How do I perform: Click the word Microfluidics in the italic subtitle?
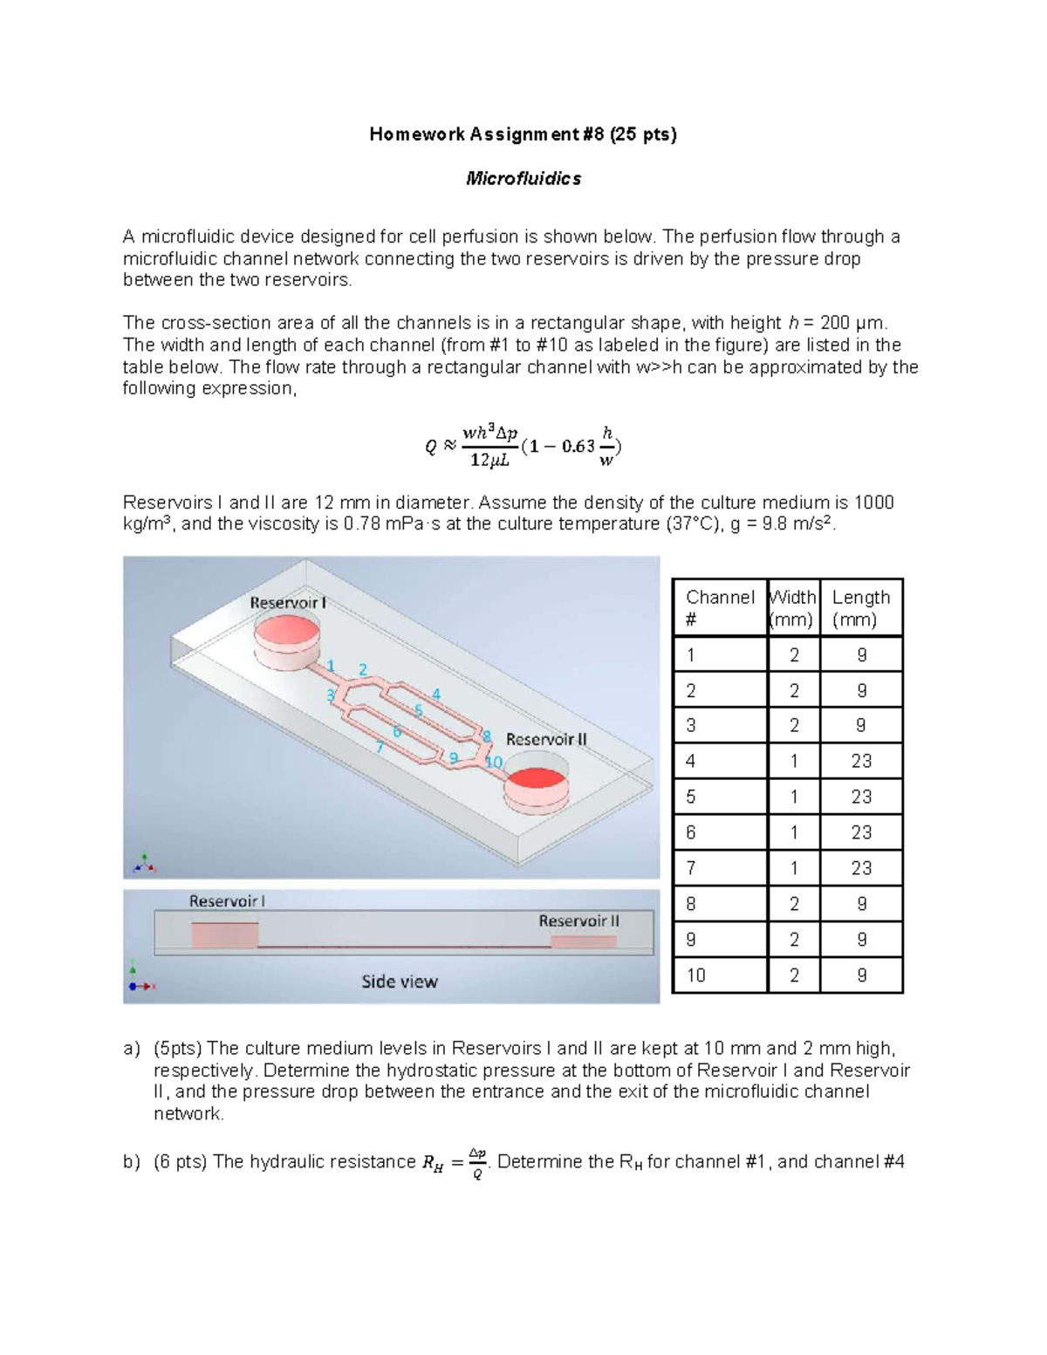click(523, 179)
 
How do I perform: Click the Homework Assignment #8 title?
click(523, 134)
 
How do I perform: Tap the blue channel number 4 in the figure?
click(436, 695)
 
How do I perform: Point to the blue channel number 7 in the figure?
click(380, 746)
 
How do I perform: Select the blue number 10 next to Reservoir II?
click(493, 762)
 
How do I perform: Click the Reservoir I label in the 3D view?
click(288, 603)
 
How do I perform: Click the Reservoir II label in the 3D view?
click(546, 740)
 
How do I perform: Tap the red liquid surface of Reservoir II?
click(537, 781)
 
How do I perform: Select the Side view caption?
click(400, 982)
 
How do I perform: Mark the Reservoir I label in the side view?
click(227, 901)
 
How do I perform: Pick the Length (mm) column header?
click(861, 608)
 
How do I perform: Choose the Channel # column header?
click(720, 608)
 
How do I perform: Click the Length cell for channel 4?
click(861, 761)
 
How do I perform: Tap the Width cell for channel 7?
click(794, 868)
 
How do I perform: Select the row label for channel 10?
click(695, 975)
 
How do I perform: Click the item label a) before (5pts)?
click(131, 1049)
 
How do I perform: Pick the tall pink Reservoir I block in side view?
click(224, 934)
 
